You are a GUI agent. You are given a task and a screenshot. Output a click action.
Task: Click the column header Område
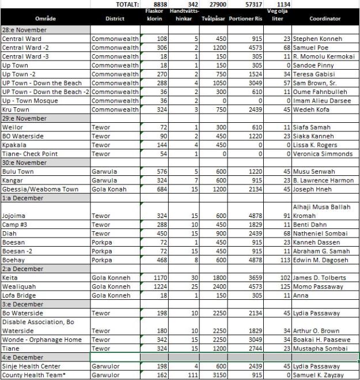(46, 18)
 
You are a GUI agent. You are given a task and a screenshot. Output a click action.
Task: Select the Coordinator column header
(325, 18)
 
